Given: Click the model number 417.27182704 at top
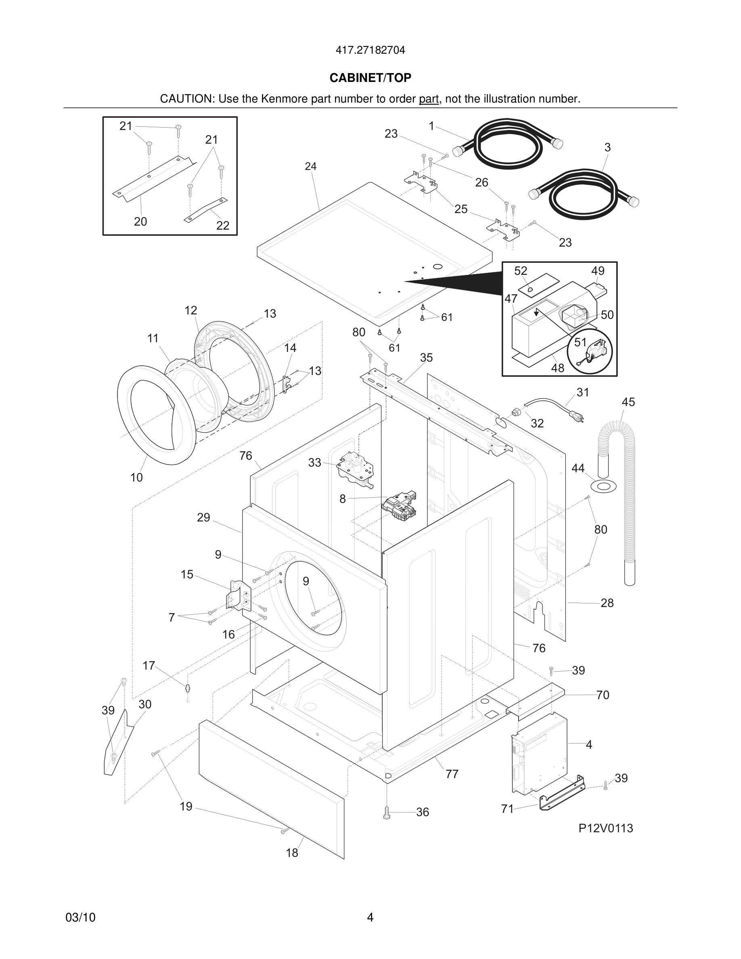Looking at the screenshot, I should [x=370, y=50].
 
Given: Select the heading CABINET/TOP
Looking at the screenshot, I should [x=370, y=78].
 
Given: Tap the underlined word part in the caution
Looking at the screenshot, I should [x=429, y=99].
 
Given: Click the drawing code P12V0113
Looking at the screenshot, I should [x=605, y=828].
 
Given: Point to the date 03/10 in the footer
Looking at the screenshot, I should [x=80, y=917].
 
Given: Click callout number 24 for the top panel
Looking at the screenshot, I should [x=310, y=166].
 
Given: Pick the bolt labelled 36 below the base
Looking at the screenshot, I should [x=387, y=813].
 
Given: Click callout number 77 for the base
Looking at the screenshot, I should [x=452, y=774].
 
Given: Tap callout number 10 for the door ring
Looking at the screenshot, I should [x=136, y=477].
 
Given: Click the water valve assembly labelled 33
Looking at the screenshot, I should [x=355, y=469].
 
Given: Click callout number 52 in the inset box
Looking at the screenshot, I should [x=520, y=271].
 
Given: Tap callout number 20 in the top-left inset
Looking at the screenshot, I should [x=140, y=222].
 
